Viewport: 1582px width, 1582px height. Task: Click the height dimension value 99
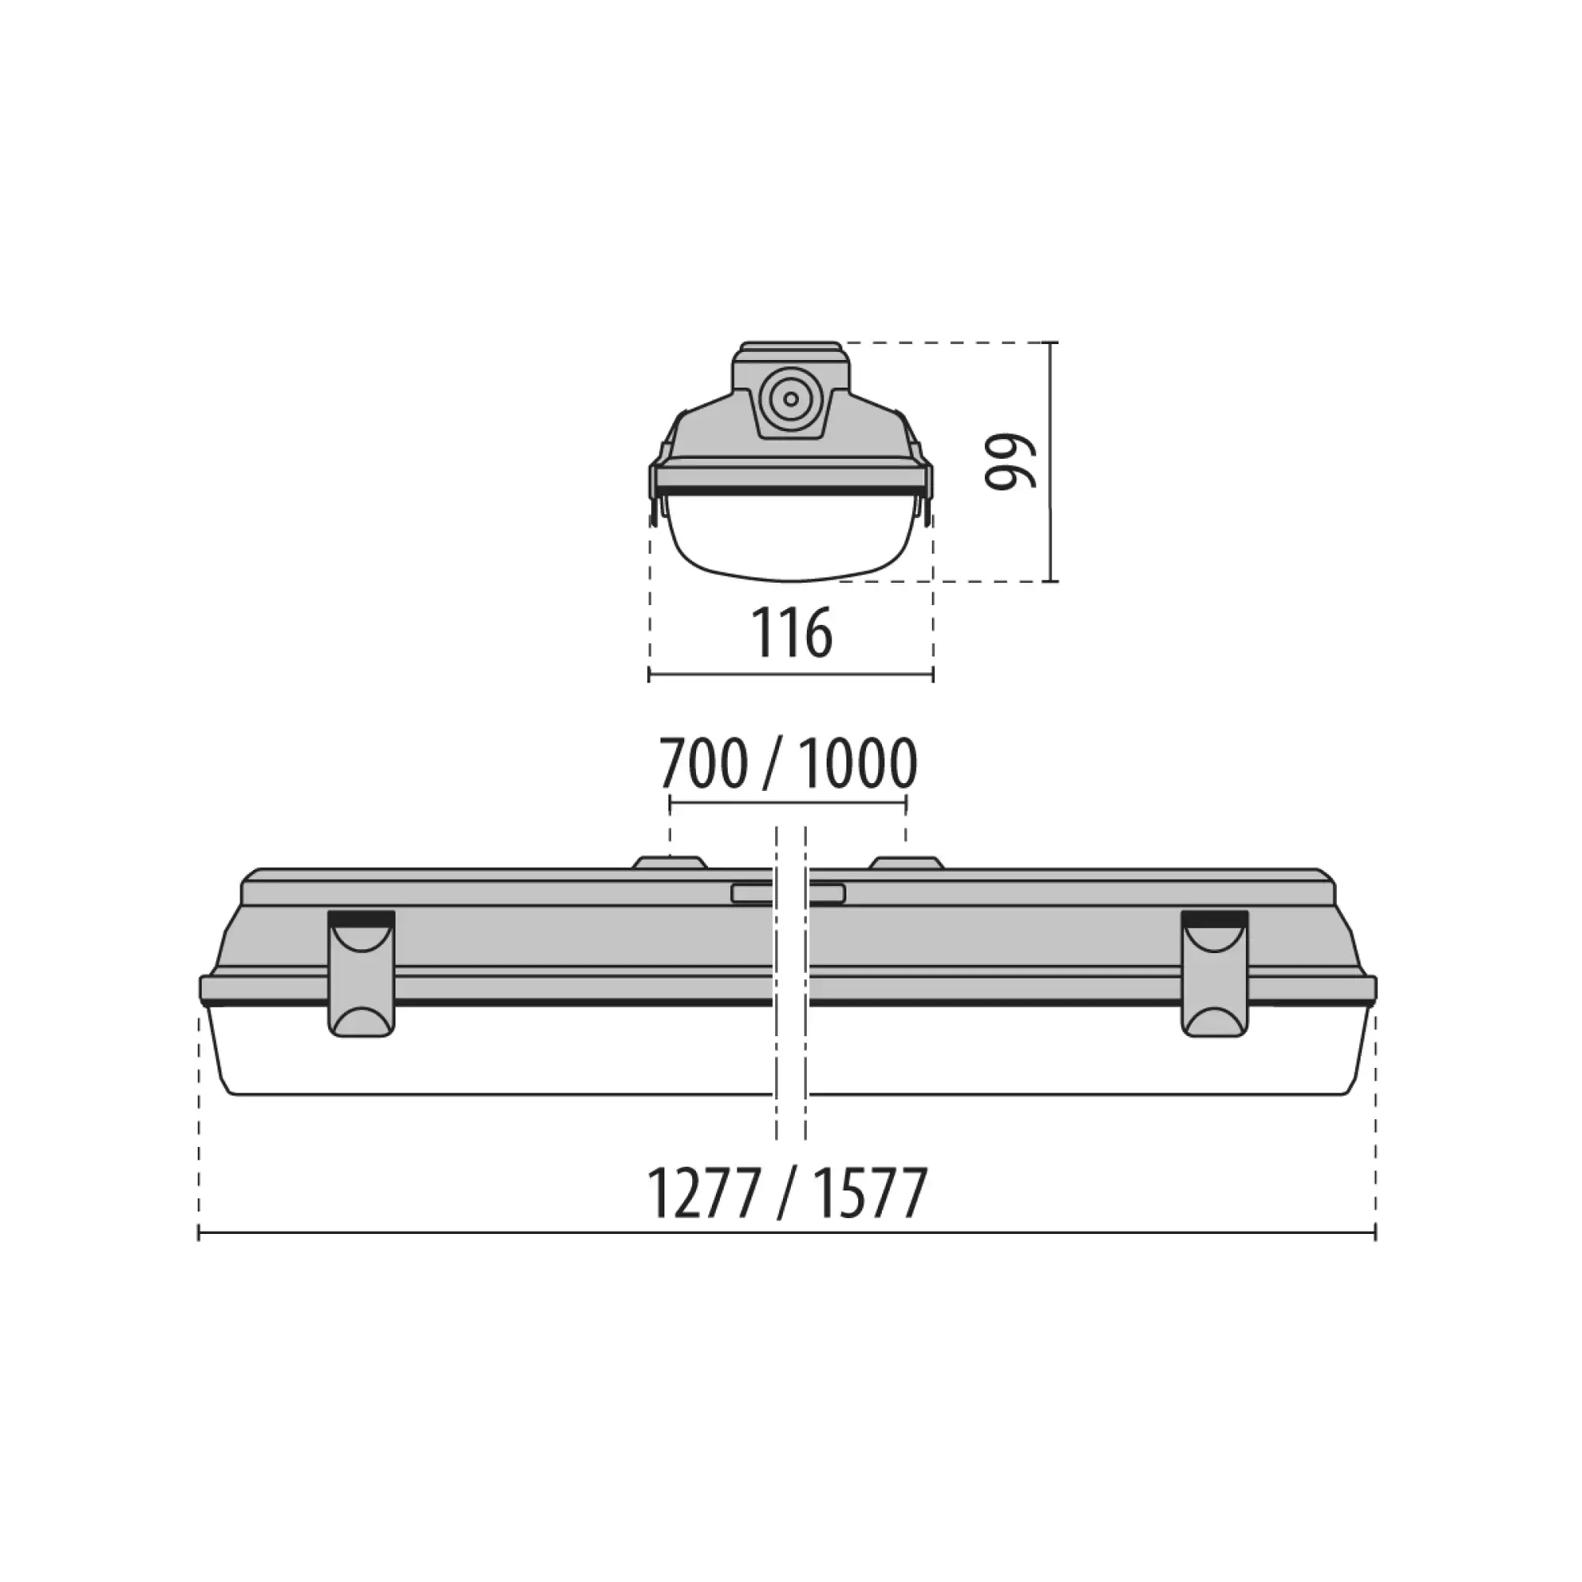(x=1011, y=462)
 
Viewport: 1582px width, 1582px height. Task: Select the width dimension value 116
(x=792, y=633)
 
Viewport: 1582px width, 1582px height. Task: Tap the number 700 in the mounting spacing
(x=703, y=763)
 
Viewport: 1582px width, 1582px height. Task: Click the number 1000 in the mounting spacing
(x=857, y=763)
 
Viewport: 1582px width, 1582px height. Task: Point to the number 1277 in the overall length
(x=703, y=1194)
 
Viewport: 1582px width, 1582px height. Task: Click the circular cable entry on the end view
(x=790, y=399)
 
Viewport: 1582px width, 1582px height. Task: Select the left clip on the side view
(x=361, y=974)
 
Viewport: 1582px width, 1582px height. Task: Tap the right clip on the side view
(x=1215, y=974)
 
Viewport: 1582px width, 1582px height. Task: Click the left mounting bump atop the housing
(x=670, y=863)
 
